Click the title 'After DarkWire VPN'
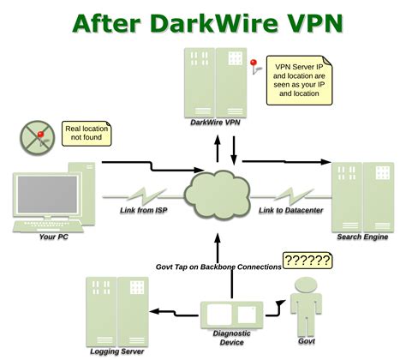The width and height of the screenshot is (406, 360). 203,21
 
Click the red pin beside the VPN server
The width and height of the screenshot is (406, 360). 253,65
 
